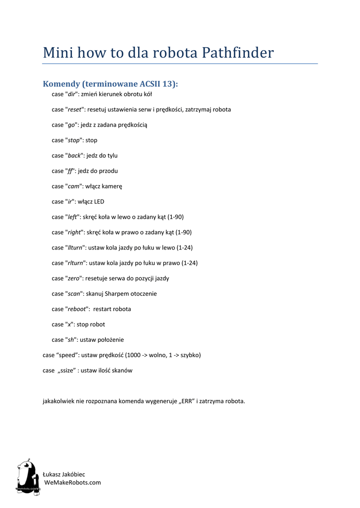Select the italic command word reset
pos(74,109)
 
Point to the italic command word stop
pos(73,140)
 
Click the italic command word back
pos(74,155)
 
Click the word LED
pos(98,201)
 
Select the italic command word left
pos(72,217)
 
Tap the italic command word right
pos(74,232)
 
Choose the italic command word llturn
pos(75,248)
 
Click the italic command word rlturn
pos(75,263)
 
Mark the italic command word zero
pos(73,278)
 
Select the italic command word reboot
pos(76,309)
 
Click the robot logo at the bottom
pos(28,476)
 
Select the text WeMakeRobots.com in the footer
pos(72,482)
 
